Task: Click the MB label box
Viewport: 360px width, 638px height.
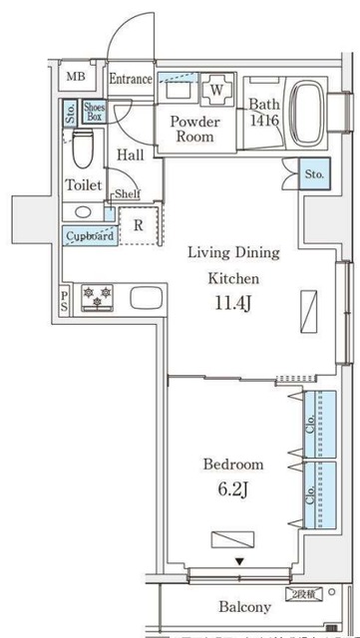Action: pos(76,77)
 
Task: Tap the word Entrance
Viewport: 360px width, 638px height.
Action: pos(131,79)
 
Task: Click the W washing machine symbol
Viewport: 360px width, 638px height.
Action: pos(215,91)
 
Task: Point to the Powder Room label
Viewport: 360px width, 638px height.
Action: pos(194,129)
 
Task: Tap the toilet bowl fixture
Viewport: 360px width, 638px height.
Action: pos(85,150)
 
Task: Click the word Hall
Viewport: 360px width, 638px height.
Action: pos(131,155)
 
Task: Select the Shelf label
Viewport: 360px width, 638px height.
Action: pos(127,193)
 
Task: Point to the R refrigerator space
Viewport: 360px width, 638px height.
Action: pos(139,225)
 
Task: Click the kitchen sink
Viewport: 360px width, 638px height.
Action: pos(146,297)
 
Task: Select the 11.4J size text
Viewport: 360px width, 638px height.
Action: pos(234,305)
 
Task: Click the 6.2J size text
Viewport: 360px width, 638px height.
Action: pos(234,491)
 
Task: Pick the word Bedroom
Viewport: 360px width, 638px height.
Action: pos(233,465)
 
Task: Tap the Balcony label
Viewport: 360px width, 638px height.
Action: pos(245,607)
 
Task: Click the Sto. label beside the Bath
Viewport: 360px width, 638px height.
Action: pos(315,173)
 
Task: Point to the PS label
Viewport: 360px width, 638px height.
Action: pos(65,300)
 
